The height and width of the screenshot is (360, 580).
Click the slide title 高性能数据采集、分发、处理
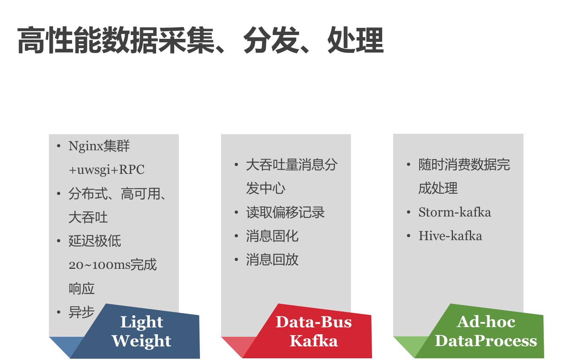coord(200,41)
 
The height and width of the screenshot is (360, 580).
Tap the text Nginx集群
coord(99,146)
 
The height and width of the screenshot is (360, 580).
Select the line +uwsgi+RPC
coord(107,170)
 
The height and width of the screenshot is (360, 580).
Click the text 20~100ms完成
coord(113,265)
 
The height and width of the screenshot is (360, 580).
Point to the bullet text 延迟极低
coord(95,241)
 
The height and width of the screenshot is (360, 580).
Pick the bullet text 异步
coord(81,312)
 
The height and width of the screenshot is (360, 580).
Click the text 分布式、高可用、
coord(118,194)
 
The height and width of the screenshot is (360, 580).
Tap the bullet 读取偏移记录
coord(286,212)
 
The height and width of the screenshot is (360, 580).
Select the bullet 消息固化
coord(272,236)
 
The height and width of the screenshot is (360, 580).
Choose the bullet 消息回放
coord(272,260)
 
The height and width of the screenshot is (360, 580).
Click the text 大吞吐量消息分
coord(291,165)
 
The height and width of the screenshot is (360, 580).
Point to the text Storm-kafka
coord(455,212)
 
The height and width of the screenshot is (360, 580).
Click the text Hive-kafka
coord(450,236)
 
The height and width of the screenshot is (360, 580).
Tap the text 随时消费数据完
coord(464,165)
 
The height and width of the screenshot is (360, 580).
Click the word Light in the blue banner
coord(142,322)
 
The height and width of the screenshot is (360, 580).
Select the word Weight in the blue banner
coord(142,341)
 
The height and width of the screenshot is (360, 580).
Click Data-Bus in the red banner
coord(314,322)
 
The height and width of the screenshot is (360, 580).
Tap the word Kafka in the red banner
coord(314,341)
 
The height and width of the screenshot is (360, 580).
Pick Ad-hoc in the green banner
coord(486,322)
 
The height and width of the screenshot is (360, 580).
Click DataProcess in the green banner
coord(486,341)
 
